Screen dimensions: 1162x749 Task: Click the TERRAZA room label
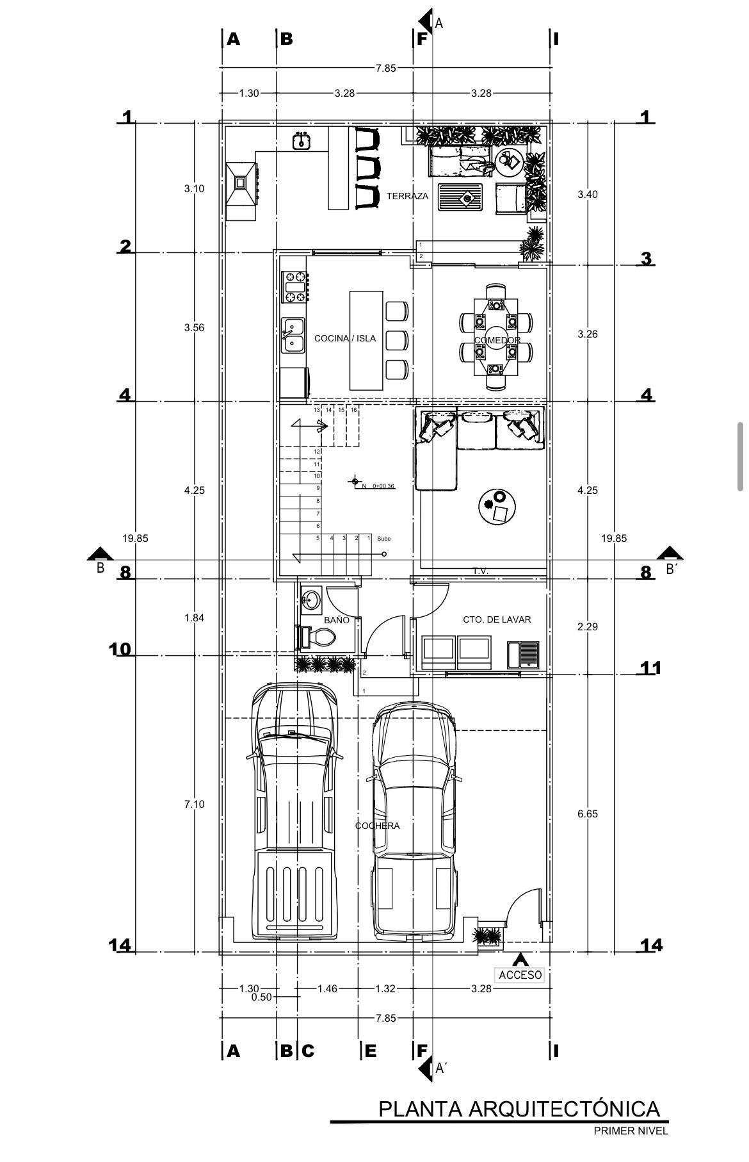point(407,196)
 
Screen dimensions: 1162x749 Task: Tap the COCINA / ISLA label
point(344,338)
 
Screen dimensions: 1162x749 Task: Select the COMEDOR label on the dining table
point(497,340)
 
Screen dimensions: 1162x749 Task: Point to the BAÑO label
point(337,620)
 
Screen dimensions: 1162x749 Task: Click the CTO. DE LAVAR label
point(497,619)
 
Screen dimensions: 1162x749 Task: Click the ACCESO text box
point(520,975)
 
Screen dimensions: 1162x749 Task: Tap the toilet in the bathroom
point(318,637)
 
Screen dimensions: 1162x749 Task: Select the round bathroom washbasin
point(310,600)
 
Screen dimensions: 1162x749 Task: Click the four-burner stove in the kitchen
point(294,287)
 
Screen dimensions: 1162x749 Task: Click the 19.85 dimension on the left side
point(135,538)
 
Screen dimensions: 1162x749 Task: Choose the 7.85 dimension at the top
point(386,69)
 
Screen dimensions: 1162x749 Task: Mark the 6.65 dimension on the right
point(587,814)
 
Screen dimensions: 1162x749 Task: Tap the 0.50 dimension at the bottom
point(261,997)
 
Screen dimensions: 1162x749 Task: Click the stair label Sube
point(383,539)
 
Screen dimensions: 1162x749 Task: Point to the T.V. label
point(481,570)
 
